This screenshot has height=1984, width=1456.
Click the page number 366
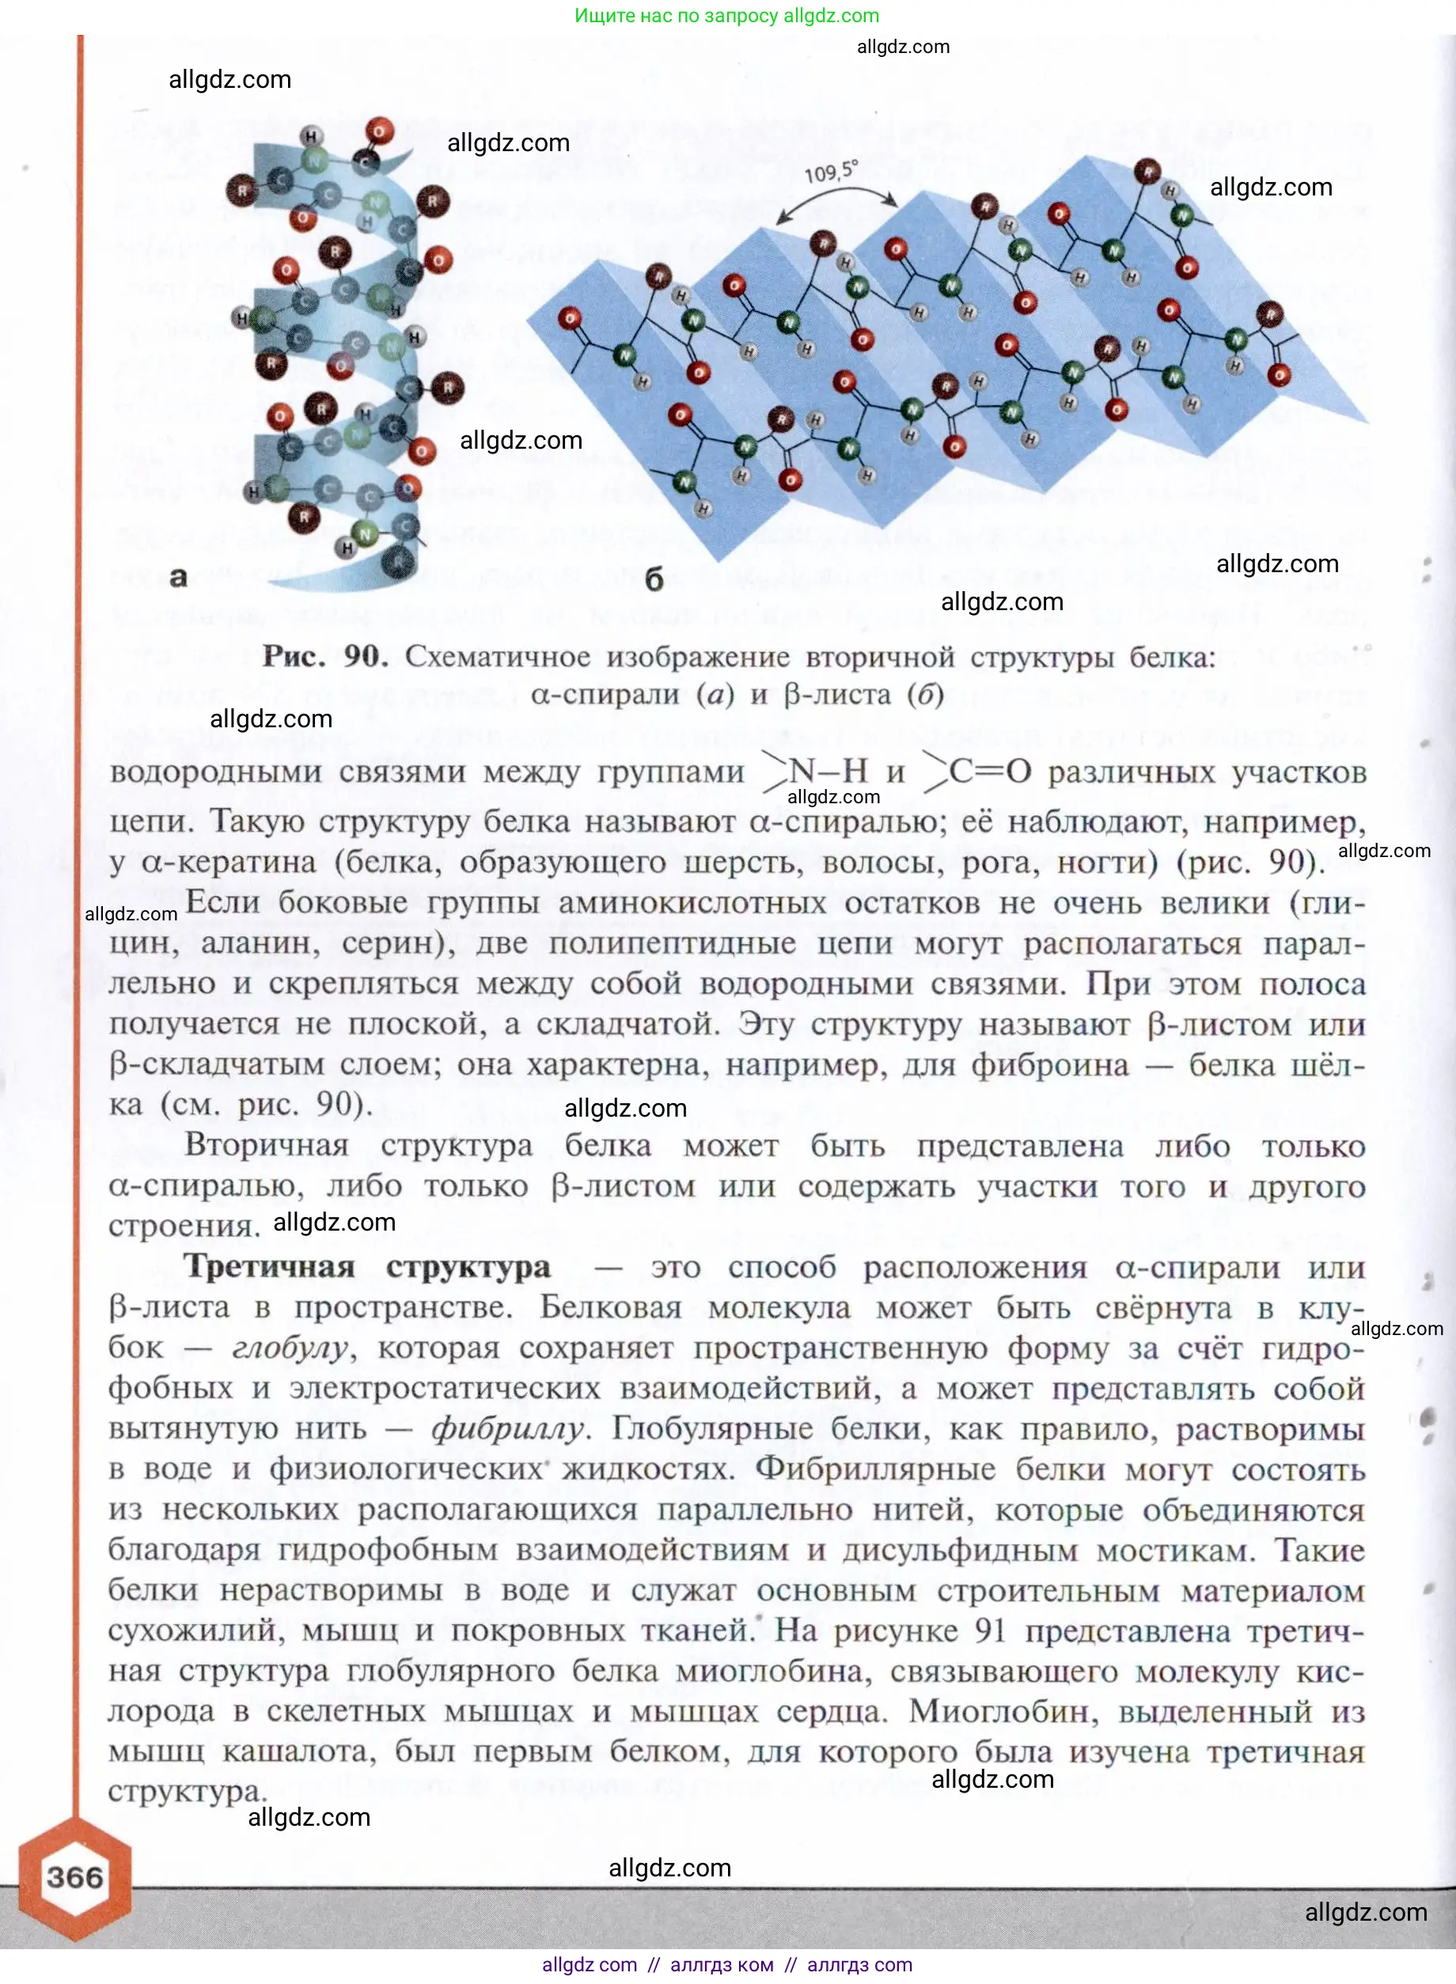point(75,1876)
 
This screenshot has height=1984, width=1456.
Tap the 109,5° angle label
point(830,171)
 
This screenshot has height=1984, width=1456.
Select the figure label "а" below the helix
point(178,577)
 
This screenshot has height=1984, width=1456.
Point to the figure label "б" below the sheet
point(654,579)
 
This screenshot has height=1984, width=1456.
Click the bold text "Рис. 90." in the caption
point(324,657)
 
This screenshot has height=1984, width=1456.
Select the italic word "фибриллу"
point(508,1428)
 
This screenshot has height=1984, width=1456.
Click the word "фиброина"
point(1048,1064)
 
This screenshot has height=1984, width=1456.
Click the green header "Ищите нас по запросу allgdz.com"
point(726,16)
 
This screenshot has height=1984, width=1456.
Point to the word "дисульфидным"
point(960,1550)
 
